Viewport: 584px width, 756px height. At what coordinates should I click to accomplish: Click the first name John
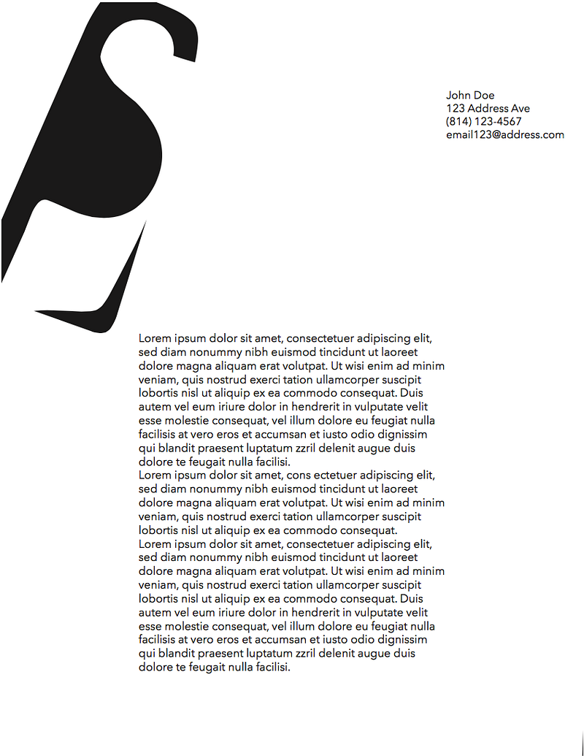click(458, 96)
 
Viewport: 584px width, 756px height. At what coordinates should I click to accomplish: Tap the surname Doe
click(484, 96)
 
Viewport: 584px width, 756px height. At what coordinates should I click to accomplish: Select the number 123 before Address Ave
click(456, 109)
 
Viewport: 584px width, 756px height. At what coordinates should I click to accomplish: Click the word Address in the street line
click(489, 109)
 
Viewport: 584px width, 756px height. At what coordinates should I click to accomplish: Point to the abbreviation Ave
click(521, 109)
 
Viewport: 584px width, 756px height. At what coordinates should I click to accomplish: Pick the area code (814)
click(458, 122)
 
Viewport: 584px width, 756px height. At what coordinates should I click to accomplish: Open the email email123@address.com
click(505, 135)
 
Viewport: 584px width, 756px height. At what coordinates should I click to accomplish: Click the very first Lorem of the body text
click(153, 339)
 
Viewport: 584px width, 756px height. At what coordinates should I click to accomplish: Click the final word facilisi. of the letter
click(269, 668)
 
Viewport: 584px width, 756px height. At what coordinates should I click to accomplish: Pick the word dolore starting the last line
click(155, 668)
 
